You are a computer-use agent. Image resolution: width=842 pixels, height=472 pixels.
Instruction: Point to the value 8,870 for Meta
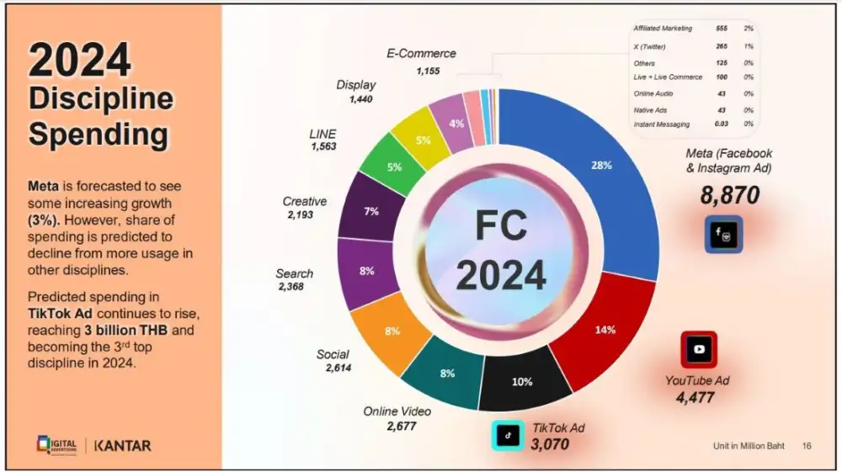(x=729, y=196)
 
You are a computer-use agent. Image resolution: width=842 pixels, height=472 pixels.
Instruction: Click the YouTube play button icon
(x=699, y=349)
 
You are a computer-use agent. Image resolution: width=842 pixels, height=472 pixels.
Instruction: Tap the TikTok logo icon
(x=508, y=435)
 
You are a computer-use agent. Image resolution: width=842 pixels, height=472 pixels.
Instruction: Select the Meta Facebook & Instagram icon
(x=723, y=234)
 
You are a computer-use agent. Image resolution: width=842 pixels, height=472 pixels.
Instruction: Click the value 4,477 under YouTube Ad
(x=695, y=397)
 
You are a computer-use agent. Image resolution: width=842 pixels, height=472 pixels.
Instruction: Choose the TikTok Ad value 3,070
(x=551, y=443)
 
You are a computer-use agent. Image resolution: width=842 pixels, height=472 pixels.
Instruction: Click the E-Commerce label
(x=421, y=53)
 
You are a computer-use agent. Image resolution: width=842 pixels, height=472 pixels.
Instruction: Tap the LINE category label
(x=322, y=134)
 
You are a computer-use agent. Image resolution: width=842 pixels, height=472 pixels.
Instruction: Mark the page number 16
(x=807, y=445)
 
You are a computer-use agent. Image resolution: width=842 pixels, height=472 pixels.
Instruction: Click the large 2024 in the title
(x=80, y=61)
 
